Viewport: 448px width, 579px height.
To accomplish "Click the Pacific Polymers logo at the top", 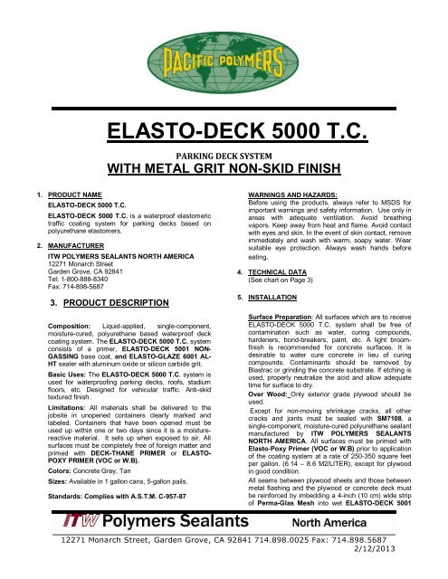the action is click(224, 55).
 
